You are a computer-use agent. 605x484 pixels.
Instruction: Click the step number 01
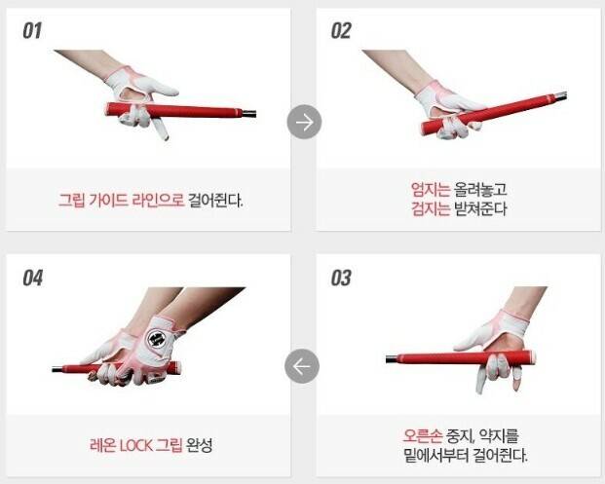coord(32,31)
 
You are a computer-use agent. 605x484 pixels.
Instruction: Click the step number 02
coord(341,31)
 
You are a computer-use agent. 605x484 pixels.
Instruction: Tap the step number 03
coord(341,278)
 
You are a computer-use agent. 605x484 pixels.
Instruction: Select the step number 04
coord(32,278)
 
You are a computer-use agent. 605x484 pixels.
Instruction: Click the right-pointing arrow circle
coord(304,122)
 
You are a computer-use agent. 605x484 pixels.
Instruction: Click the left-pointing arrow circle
coord(302,366)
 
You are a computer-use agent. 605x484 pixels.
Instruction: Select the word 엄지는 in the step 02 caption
coord(431,189)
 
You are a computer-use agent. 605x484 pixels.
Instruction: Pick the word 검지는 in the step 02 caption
coord(431,208)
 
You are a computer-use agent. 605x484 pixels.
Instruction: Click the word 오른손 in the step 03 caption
coord(423,435)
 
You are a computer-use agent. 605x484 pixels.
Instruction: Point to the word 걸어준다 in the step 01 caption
coord(215,201)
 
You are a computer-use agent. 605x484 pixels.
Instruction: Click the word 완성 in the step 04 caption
coord(200,446)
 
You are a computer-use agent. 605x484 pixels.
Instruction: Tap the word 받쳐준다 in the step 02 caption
coord(480,208)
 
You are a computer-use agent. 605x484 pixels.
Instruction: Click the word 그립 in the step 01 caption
coord(71,201)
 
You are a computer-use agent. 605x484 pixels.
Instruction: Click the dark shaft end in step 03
coord(392,359)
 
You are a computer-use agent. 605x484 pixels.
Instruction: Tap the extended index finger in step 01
coord(160,129)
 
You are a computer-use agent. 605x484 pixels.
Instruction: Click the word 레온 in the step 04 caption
coord(102,446)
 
